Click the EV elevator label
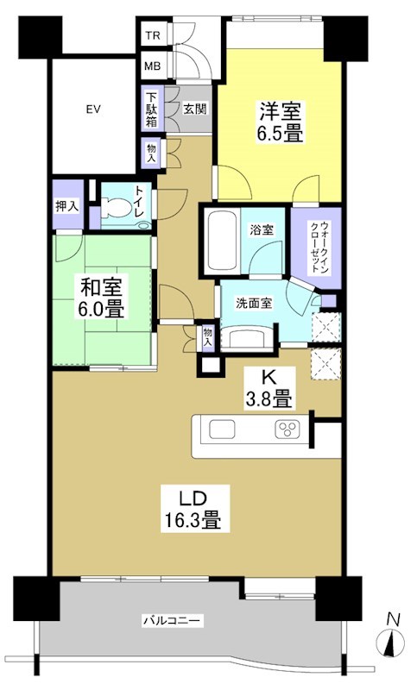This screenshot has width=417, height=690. click(94, 110)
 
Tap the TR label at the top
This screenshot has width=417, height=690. click(153, 35)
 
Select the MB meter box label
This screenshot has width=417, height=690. click(153, 66)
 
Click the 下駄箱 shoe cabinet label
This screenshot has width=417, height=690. click(151, 110)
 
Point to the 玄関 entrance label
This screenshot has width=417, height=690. click(193, 110)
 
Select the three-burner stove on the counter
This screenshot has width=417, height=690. click(287, 429)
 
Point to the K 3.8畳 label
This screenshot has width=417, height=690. click(269, 387)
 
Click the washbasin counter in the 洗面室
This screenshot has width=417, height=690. click(250, 337)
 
